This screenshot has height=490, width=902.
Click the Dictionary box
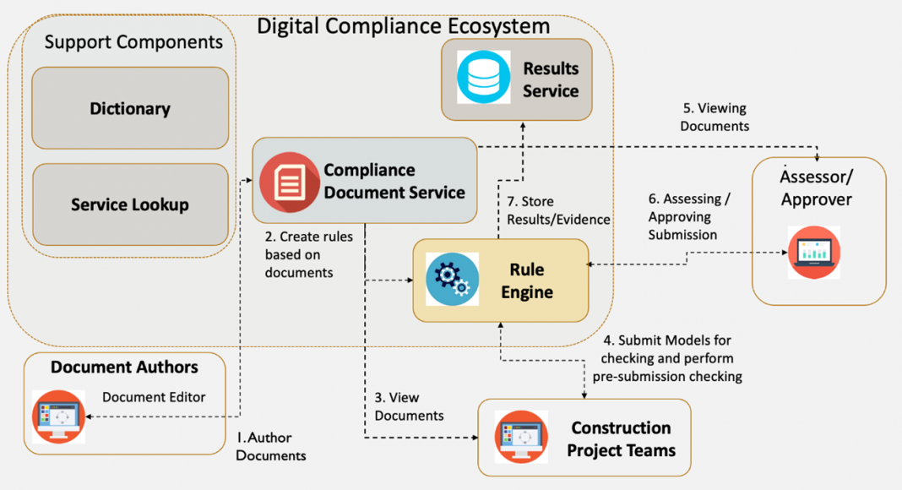(130, 108)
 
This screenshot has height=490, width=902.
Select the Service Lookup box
(130, 204)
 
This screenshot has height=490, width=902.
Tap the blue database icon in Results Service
(484, 78)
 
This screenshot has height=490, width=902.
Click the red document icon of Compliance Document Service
(289, 182)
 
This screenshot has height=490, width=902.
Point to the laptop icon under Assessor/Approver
(813, 252)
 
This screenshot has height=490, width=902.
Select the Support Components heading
(133, 41)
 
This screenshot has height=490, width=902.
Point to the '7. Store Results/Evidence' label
(558, 211)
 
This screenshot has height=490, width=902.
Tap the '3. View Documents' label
(409, 406)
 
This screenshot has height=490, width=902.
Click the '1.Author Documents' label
(270, 447)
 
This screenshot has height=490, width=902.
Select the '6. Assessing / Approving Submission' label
(688, 216)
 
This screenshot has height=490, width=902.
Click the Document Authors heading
(124, 367)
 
